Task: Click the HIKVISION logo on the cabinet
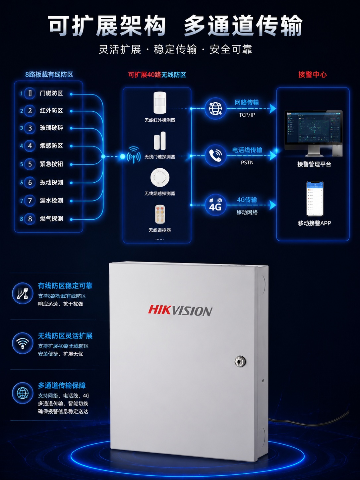(180, 311)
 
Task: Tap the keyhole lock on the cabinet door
(240, 361)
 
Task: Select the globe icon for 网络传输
(215, 108)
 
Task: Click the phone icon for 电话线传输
(215, 156)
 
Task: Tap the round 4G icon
(215, 205)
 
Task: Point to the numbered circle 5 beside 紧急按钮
(30, 164)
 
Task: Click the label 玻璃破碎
(51, 128)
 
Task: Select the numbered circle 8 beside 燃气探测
(30, 219)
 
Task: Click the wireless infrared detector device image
(160, 103)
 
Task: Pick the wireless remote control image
(160, 214)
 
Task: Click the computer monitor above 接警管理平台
(314, 133)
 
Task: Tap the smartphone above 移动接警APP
(315, 199)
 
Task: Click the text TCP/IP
(247, 115)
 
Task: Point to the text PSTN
(247, 163)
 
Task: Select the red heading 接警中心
(312, 75)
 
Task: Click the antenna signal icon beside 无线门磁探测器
(134, 155)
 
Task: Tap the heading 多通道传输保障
(62, 386)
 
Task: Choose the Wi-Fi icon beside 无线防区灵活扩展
(23, 343)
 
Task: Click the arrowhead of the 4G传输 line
(273, 205)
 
